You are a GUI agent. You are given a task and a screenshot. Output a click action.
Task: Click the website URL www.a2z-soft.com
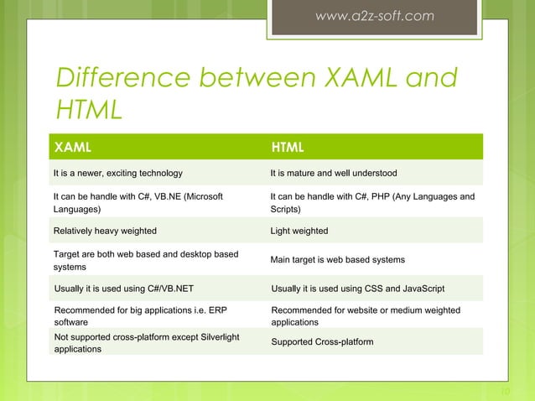375,16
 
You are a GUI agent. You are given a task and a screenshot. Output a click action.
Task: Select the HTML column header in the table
287,148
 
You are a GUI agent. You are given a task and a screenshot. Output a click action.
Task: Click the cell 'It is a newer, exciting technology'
117,174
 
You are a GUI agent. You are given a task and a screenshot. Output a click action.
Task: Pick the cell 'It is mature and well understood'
333,174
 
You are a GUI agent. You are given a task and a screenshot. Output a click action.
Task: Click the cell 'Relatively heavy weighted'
105,231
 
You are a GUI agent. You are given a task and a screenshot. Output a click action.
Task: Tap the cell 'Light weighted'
299,231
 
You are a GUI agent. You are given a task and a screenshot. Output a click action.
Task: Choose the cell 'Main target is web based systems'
337,260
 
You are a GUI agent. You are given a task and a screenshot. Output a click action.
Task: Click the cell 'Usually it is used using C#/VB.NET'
123,289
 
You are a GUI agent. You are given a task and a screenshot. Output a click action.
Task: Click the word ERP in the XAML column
216,310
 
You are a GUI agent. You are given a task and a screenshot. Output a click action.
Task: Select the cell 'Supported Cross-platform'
322,343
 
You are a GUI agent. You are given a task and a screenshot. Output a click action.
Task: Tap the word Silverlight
217,336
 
